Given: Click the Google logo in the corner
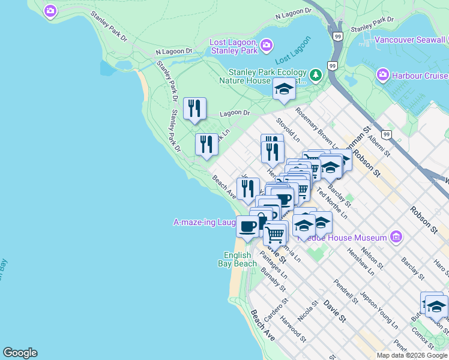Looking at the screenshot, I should (20, 353).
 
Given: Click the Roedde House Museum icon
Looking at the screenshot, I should (395, 238).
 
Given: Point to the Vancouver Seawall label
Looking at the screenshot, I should (411, 40).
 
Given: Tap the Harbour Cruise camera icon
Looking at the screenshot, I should (382, 76).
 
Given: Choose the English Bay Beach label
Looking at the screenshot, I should (240, 259).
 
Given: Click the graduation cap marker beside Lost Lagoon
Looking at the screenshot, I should (284, 90).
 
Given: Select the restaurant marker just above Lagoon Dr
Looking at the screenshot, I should (194, 109).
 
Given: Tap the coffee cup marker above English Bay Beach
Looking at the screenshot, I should (248, 227).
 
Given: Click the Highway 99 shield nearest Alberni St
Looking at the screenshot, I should (387, 135).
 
